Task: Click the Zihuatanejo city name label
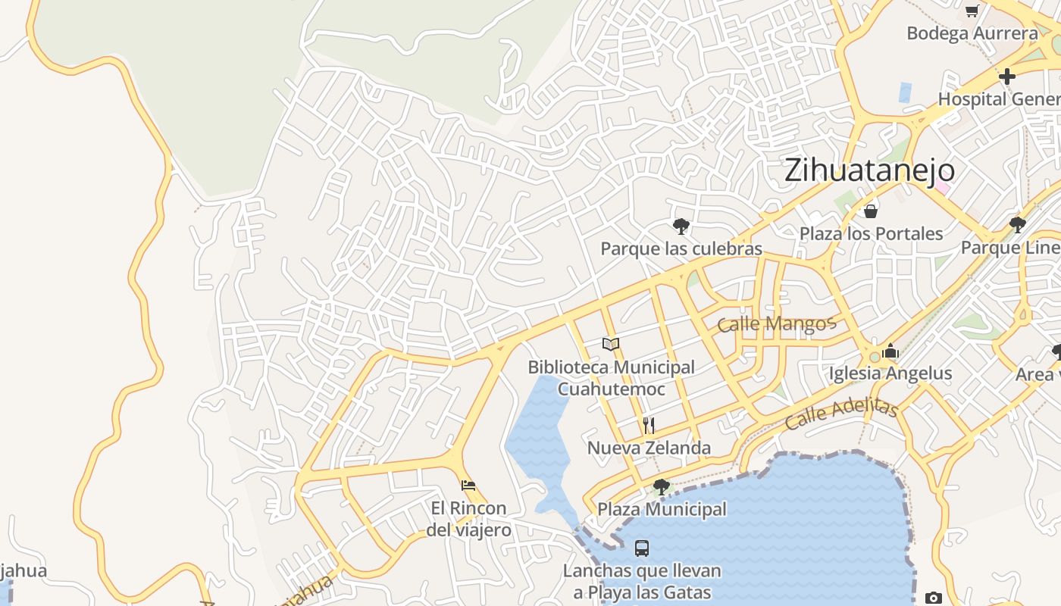[x=869, y=170]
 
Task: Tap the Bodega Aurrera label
[x=972, y=33]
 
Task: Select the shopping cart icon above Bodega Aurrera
[x=972, y=11]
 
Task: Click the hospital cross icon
[x=1006, y=77]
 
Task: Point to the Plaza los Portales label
[x=871, y=233]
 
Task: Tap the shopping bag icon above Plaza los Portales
[x=871, y=211]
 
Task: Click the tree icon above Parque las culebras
[x=681, y=226]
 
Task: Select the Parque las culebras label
[x=681, y=248]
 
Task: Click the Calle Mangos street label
[x=776, y=324]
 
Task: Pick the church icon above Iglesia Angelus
[x=890, y=351]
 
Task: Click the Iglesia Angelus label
[x=890, y=373]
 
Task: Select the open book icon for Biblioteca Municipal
[x=611, y=345]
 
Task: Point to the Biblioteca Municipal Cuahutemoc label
[x=611, y=378]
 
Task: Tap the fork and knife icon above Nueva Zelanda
[x=649, y=425]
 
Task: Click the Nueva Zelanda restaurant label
[x=649, y=448]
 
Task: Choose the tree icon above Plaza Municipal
[x=661, y=487]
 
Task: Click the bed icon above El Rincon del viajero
[x=468, y=485]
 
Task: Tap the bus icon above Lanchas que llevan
[x=641, y=548]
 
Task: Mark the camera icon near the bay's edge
[x=934, y=598]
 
